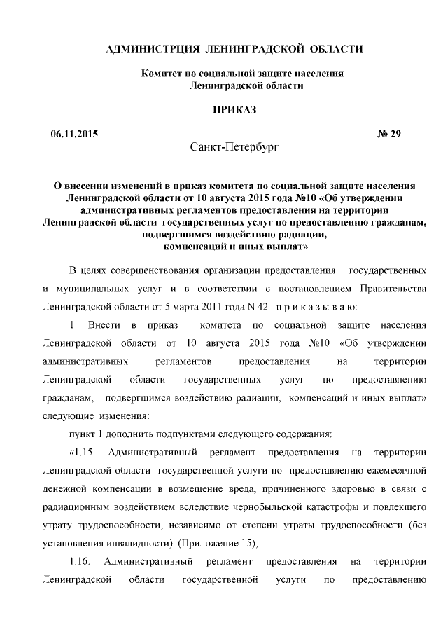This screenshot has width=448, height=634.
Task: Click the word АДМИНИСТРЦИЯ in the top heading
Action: (150, 48)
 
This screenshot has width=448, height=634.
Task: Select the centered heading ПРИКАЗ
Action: (234, 109)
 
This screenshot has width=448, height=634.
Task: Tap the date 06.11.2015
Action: (74, 134)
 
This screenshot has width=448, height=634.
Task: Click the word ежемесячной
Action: (396, 471)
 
